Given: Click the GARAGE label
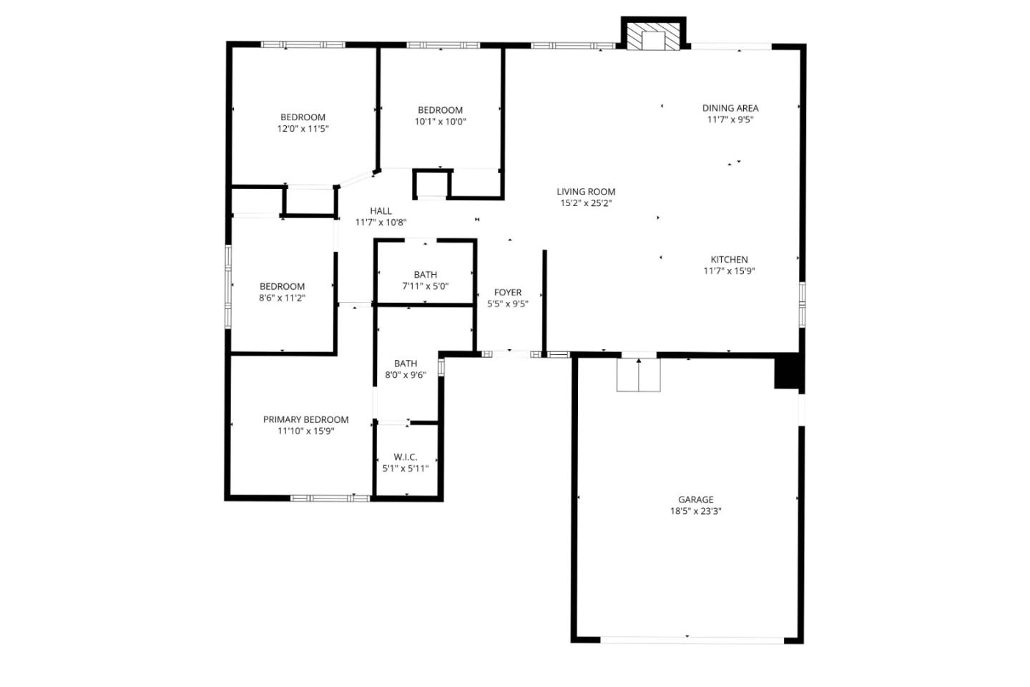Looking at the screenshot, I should pyautogui.click(x=696, y=500).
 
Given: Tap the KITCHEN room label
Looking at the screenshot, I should pyautogui.click(x=729, y=260).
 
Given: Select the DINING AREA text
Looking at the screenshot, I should pyautogui.click(x=730, y=108).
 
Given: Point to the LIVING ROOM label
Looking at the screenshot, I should pyautogui.click(x=586, y=191).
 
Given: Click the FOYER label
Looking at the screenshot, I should pyautogui.click(x=508, y=292).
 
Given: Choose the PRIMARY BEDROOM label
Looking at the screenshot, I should pyautogui.click(x=305, y=419).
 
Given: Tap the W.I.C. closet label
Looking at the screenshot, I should pyautogui.click(x=405, y=457).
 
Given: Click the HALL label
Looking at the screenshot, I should pyautogui.click(x=381, y=210).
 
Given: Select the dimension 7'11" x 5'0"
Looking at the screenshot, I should pyautogui.click(x=425, y=286).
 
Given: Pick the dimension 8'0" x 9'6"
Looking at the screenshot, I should pyautogui.click(x=406, y=375).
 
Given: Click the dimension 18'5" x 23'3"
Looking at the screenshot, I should pyautogui.click(x=696, y=512).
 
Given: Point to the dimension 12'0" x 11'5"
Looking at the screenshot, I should pyautogui.click(x=303, y=129).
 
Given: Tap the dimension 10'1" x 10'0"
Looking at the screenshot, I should pyautogui.click(x=440, y=122).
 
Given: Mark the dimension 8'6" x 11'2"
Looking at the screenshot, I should pyautogui.click(x=282, y=298).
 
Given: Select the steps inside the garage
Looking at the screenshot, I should pyautogui.click(x=638, y=375).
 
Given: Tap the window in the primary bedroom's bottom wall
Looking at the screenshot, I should pyautogui.click(x=330, y=497).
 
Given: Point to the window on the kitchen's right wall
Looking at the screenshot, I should pyautogui.click(x=802, y=304).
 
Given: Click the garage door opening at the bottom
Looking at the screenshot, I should pyautogui.click(x=692, y=640).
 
